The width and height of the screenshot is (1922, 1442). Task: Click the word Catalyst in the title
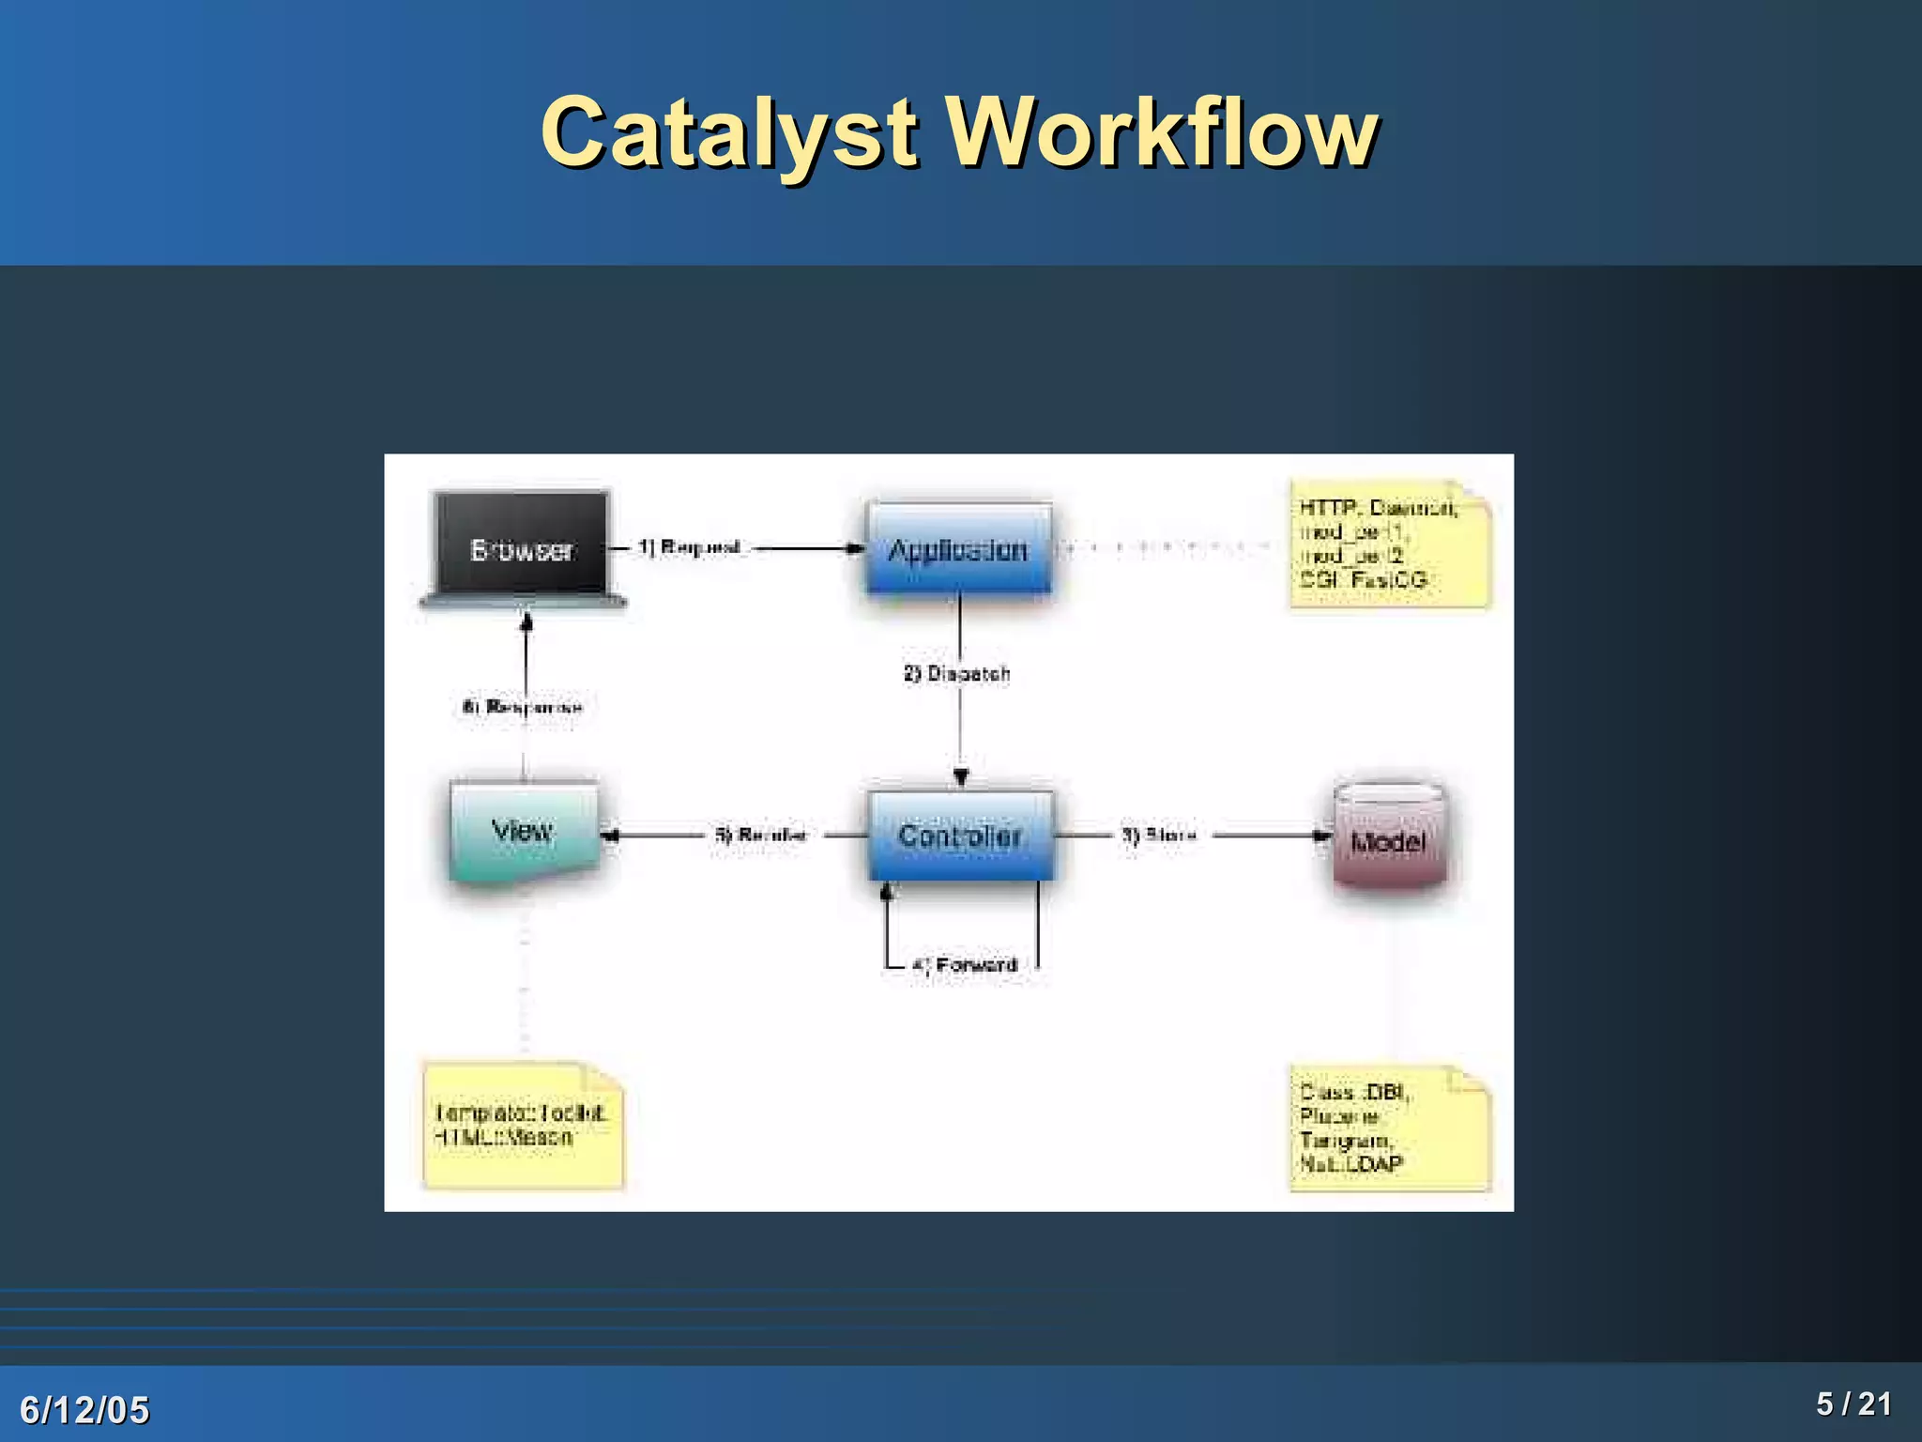tap(727, 133)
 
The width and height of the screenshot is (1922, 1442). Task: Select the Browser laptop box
tap(522, 549)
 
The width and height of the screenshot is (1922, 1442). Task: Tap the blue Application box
tap(958, 549)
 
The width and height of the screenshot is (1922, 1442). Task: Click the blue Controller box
tap(960, 835)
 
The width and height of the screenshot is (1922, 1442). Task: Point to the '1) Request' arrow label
tap(690, 547)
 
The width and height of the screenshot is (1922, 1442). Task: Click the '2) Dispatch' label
tap(957, 673)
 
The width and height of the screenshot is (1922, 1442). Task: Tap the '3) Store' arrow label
tap(1160, 835)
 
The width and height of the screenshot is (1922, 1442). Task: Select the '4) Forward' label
tap(966, 965)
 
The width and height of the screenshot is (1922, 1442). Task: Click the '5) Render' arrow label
tap(761, 835)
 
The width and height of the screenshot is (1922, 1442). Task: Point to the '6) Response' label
tap(523, 707)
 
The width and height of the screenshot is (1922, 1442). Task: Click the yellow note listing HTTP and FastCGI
tap(1388, 545)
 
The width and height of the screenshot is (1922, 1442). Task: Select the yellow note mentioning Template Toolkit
tap(523, 1126)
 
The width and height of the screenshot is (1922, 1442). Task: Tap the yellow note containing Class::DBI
tap(1388, 1128)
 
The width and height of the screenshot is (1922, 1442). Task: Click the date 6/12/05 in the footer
tap(84, 1409)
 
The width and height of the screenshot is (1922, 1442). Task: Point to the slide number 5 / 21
tap(1853, 1404)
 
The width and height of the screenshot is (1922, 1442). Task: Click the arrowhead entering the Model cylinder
tap(1323, 835)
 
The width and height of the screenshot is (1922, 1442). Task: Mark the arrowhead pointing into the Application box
tap(856, 548)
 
